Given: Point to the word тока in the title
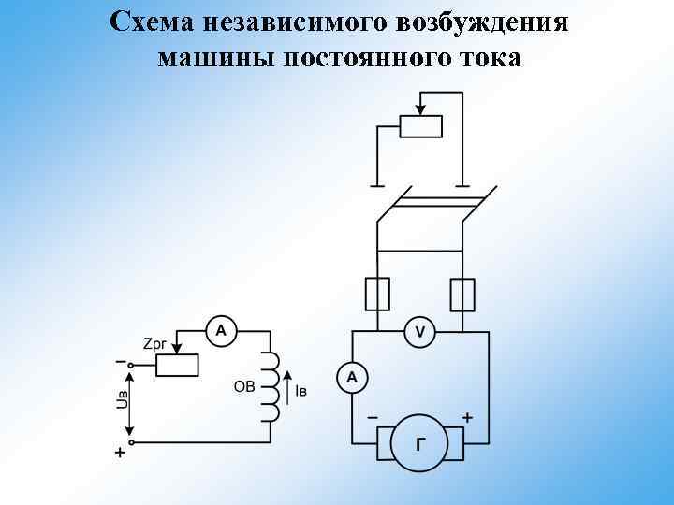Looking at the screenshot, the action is pyautogui.click(x=485, y=59).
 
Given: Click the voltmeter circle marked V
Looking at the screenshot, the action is pyautogui.click(x=419, y=331).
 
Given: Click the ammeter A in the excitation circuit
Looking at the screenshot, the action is pyautogui.click(x=221, y=330).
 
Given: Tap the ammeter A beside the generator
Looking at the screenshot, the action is pyautogui.click(x=352, y=378).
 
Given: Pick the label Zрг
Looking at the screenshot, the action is pyautogui.click(x=156, y=344).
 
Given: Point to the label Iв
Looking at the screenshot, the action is pyautogui.click(x=300, y=391).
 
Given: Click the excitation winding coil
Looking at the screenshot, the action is pyautogui.click(x=271, y=385).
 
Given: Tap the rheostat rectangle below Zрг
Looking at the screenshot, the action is pyautogui.click(x=177, y=365).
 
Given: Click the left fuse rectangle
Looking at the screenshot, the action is pyautogui.click(x=376, y=295).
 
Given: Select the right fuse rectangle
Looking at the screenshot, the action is pyautogui.click(x=462, y=295).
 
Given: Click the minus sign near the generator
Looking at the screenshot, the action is pyautogui.click(x=372, y=418).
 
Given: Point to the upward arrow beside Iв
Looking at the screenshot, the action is pyautogui.click(x=286, y=385).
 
